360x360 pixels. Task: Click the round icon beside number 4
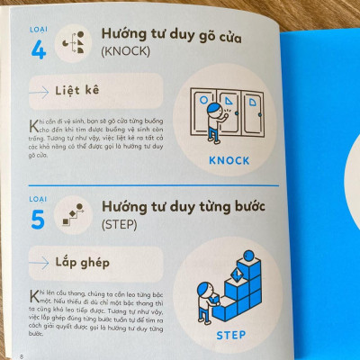click(x=76, y=42)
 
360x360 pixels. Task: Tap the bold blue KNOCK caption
click(x=227, y=162)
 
